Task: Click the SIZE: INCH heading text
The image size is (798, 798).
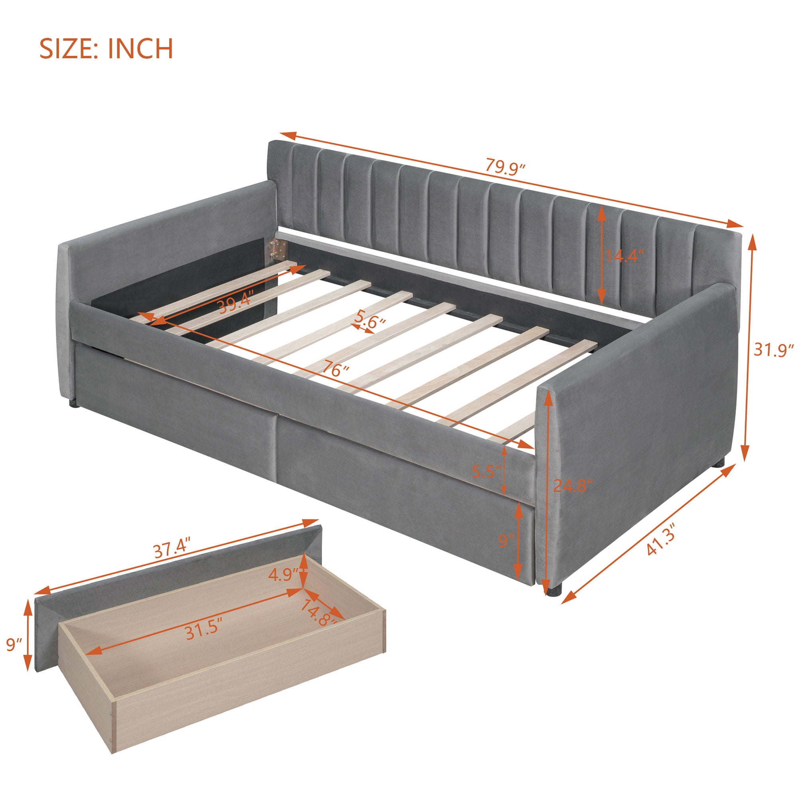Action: point(106,49)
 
